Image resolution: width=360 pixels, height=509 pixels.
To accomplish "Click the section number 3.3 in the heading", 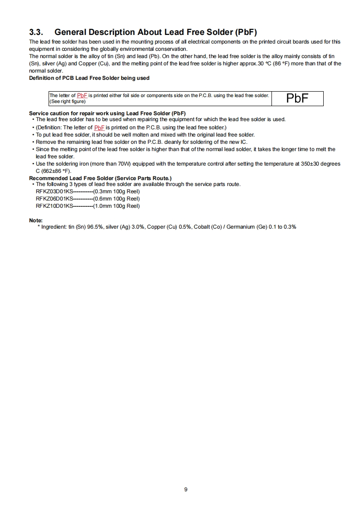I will coord(36,32).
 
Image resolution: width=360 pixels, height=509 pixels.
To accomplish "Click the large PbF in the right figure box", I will coord(297,98).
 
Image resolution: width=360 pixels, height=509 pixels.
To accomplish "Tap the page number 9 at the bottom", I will coord(186,489).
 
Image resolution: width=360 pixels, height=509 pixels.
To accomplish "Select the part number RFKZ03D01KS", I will coord(54,191).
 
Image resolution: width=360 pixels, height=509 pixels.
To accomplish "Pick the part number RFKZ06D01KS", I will coord(54,199).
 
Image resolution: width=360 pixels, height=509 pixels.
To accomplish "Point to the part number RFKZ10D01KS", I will coord(54,206).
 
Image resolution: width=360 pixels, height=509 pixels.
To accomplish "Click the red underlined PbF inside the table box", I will coord(82,95).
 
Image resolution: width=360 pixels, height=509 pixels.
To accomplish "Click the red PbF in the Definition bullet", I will coord(99,127).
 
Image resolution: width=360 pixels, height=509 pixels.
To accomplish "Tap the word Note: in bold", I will coord(36,220).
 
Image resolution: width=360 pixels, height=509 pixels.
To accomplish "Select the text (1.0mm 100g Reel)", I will coord(116,206).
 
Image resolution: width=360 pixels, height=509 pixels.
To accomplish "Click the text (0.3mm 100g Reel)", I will coord(116,191).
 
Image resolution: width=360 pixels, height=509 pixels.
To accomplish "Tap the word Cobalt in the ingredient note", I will coord(201,226).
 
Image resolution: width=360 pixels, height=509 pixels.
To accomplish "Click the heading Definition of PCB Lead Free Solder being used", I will coord(89,78).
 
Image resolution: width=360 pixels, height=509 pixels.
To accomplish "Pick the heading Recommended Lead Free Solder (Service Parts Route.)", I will coord(100,178).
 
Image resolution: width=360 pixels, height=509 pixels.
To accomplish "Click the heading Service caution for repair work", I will coord(107,113).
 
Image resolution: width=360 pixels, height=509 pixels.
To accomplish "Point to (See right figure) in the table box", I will coord(67,101).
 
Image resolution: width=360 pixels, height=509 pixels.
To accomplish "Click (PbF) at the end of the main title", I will coord(246,32).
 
